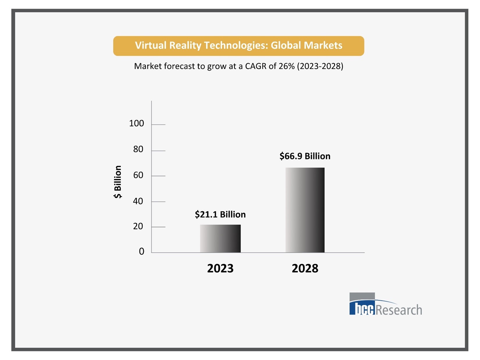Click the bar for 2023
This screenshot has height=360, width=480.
220,238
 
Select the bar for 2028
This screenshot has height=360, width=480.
305,210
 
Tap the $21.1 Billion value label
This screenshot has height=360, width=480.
220,215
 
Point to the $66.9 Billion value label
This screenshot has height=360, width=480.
305,156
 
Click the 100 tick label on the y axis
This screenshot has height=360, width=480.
136,124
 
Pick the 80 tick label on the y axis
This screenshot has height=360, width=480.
138,149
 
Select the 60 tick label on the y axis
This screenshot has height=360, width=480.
138,175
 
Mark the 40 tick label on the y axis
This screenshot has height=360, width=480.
138,201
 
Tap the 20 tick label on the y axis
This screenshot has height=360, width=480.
138,226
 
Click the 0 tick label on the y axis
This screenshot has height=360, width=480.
141,252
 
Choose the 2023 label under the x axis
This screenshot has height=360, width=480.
220,268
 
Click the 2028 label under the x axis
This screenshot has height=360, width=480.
305,268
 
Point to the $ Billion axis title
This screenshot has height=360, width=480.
118,182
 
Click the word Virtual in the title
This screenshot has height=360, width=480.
151,45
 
